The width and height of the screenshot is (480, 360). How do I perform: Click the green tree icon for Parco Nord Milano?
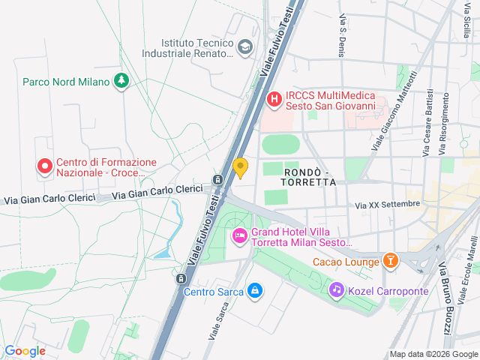pos(121,81)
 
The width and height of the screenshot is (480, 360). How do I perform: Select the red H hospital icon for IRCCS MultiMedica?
pos(274,98)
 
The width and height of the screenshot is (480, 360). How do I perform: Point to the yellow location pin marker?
pos(241,167)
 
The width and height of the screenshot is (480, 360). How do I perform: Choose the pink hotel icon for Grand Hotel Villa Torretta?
pos(240,237)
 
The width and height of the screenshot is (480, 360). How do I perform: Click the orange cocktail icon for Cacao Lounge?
pos(390,261)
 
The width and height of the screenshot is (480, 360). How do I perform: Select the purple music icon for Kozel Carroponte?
pos(337,289)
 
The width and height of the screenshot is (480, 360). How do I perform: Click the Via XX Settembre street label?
pos(388,204)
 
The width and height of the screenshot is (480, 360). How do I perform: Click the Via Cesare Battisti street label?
pos(427,124)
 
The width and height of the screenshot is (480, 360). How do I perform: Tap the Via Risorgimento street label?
pos(445,124)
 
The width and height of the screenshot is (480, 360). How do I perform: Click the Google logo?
pos(25,350)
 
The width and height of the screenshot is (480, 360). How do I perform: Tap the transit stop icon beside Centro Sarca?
pos(179,278)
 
